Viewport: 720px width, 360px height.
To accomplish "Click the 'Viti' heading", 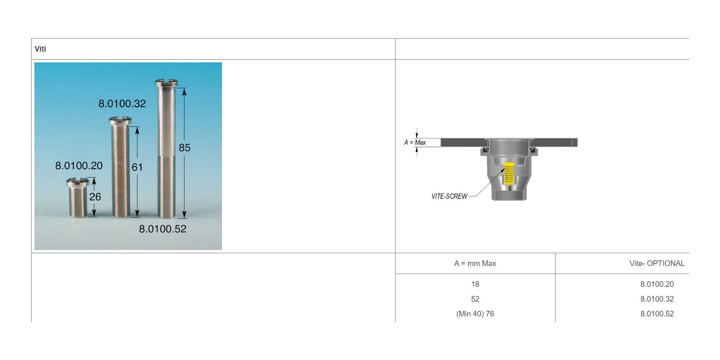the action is tap(40, 49).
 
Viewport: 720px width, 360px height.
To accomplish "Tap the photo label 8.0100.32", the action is tap(122, 104).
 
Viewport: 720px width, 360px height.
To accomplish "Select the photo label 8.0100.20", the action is tap(79, 166).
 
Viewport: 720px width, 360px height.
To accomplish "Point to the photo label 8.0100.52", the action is tap(163, 229).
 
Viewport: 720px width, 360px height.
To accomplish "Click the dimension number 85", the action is tap(184, 148).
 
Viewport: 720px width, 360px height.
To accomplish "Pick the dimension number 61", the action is tap(137, 167).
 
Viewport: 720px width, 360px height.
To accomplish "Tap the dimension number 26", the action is tap(95, 197).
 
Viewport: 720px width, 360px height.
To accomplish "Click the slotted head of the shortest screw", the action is tap(77, 183).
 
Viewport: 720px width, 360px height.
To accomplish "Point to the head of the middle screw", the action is tap(120, 120).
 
